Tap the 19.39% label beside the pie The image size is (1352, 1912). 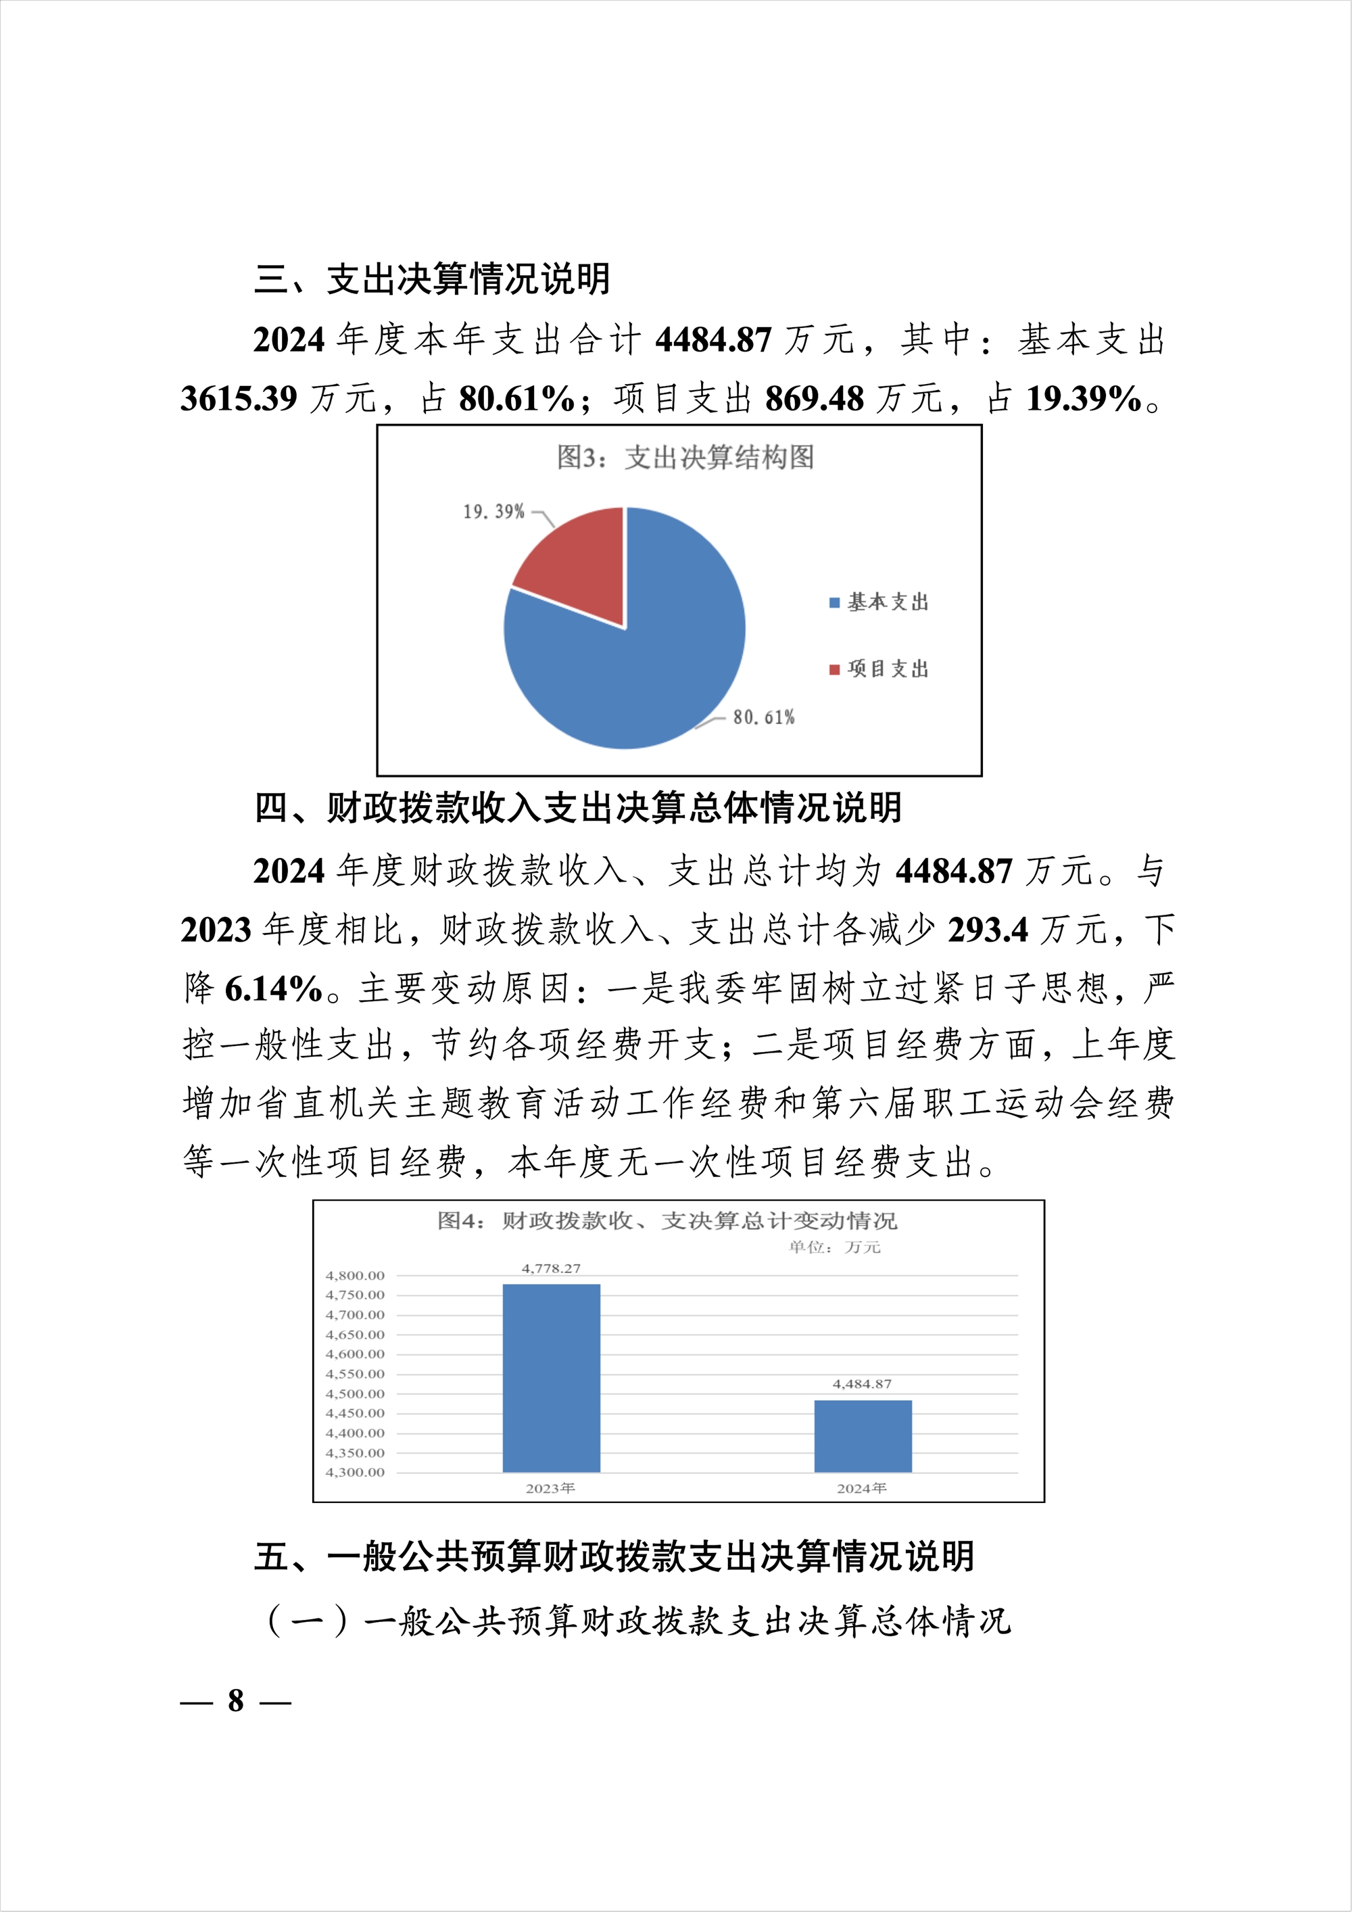493,511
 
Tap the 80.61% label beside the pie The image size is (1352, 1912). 763,717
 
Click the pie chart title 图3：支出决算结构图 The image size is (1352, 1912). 685,457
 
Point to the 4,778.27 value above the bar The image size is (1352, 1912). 551,1268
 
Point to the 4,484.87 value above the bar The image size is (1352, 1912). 863,1384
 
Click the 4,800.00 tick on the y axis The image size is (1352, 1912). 355,1276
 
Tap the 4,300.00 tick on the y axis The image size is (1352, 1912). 355,1473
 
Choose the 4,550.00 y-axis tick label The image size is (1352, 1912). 355,1374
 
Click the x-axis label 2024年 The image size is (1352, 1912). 862,1488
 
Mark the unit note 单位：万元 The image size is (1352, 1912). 834,1247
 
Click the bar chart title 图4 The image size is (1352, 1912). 667,1221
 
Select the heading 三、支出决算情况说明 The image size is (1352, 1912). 432,279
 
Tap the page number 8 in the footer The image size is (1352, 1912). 237,1700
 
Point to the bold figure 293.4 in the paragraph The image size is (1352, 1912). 988,930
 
